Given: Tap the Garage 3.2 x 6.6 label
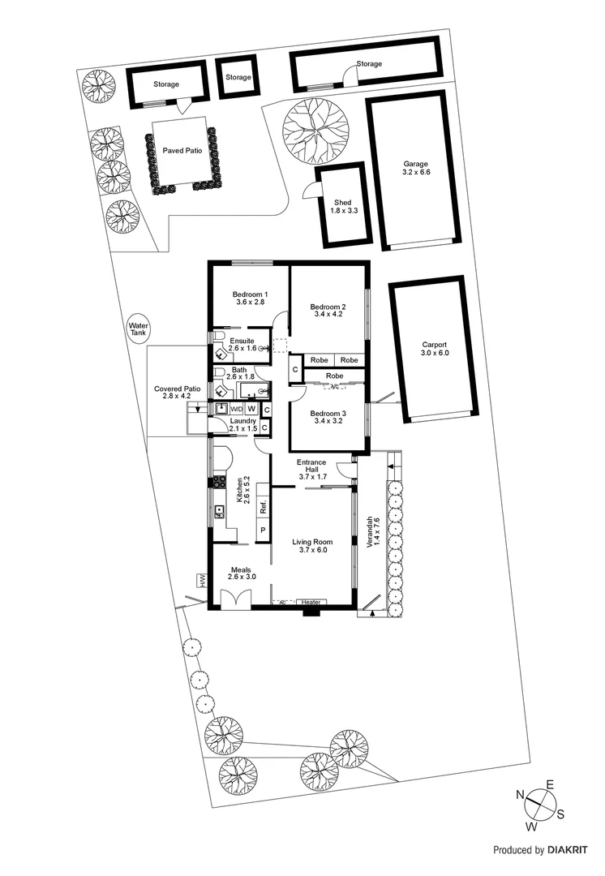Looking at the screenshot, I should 415,168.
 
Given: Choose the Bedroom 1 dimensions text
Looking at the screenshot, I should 251,303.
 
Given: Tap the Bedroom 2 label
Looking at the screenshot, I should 328,307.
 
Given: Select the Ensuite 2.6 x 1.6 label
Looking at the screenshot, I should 242,344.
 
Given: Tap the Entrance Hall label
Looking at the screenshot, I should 312,470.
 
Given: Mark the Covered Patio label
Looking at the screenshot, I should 177,393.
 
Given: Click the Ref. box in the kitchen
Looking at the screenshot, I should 264,509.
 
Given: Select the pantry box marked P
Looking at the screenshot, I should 263,531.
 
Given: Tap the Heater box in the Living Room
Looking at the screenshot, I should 311,602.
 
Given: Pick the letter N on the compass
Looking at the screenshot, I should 520,795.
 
